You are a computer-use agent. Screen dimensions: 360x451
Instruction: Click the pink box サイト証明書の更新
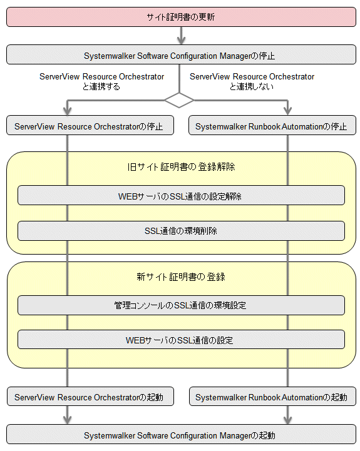tap(181, 18)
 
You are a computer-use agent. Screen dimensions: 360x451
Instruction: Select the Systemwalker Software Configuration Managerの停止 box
tap(181, 54)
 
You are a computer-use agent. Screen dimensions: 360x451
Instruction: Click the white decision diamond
tap(179, 100)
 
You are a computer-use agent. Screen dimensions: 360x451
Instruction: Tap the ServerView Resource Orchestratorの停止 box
tap(90, 125)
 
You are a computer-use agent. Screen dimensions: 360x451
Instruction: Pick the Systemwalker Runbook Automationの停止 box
tap(272, 125)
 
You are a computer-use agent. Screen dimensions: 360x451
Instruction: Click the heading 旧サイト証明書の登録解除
tap(181, 167)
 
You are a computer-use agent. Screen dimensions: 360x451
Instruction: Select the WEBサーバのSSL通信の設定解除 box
tap(181, 195)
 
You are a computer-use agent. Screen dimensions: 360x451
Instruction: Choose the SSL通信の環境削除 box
tap(181, 231)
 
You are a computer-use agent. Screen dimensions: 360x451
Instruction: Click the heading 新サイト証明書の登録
tap(181, 276)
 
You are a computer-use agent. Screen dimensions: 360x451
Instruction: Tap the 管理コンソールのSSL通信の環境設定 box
tap(181, 305)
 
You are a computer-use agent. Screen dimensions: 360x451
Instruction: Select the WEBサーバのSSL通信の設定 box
tap(181, 340)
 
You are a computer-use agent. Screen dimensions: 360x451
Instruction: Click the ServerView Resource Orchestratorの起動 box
tap(90, 397)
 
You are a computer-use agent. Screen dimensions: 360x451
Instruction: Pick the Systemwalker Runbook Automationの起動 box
tap(272, 397)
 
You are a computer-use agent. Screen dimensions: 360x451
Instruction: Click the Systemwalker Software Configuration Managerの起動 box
tap(181, 434)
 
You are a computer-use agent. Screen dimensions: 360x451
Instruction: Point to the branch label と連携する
tap(101, 86)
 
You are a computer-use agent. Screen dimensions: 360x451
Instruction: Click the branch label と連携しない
tap(252, 86)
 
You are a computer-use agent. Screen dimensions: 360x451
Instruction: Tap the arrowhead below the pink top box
tap(181, 40)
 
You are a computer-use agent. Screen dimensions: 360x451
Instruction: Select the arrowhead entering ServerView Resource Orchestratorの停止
tap(68, 111)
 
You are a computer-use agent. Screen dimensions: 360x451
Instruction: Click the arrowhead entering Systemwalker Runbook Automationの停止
tap(288, 111)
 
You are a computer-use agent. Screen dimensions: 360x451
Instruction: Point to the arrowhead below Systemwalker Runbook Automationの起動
tap(288, 420)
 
